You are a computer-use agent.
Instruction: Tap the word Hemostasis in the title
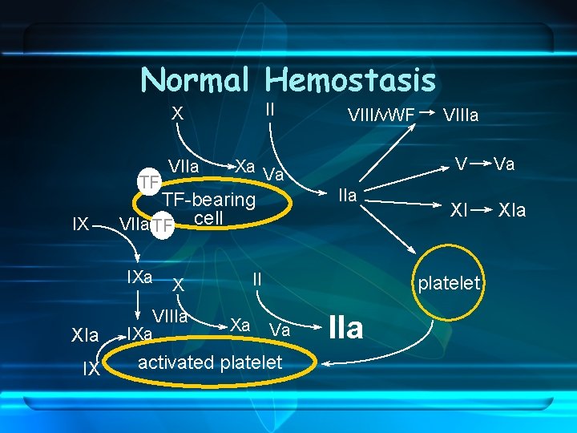(x=350, y=79)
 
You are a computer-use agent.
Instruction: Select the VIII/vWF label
(x=381, y=115)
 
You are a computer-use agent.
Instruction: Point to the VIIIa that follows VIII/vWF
(x=460, y=115)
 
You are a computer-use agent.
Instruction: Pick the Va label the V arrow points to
(x=504, y=164)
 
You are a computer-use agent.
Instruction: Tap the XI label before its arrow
(x=458, y=210)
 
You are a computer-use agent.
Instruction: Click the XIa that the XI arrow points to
(x=512, y=210)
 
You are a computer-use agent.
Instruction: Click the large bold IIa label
(x=346, y=327)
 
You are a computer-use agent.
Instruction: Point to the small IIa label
(x=347, y=195)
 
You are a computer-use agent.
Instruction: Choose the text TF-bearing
(x=208, y=200)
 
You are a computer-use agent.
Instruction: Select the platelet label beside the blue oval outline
(x=449, y=282)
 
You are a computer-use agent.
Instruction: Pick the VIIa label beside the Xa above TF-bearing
(x=185, y=166)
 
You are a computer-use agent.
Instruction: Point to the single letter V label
(x=461, y=164)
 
